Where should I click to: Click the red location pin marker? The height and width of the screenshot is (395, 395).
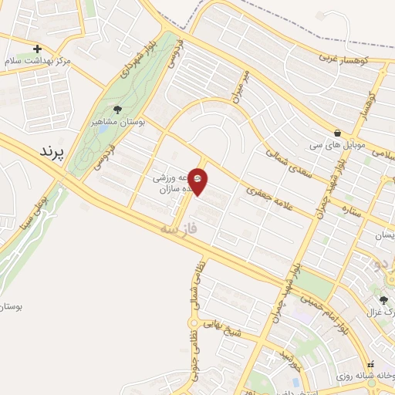coord(198,181)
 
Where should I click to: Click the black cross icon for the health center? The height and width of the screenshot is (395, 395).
coord(37,49)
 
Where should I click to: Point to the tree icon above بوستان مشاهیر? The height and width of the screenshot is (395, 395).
coord(117,110)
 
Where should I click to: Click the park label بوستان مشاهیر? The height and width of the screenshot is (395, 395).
coord(115,122)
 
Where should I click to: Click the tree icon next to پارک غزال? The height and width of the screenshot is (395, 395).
coord(383,300)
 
